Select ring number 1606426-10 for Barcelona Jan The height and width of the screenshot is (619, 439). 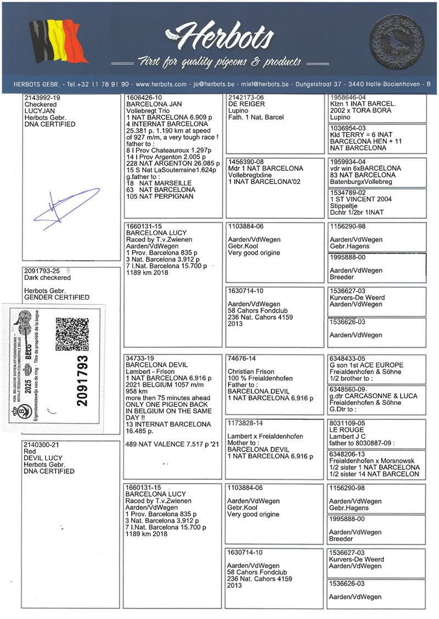pos(143,98)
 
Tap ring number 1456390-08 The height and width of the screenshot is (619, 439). pos(245,162)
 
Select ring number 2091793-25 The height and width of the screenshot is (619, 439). pos(43,271)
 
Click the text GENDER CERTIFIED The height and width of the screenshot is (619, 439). pos(57,297)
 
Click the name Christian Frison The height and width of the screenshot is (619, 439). pos(251,371)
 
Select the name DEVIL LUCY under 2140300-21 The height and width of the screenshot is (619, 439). pos(43,458)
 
